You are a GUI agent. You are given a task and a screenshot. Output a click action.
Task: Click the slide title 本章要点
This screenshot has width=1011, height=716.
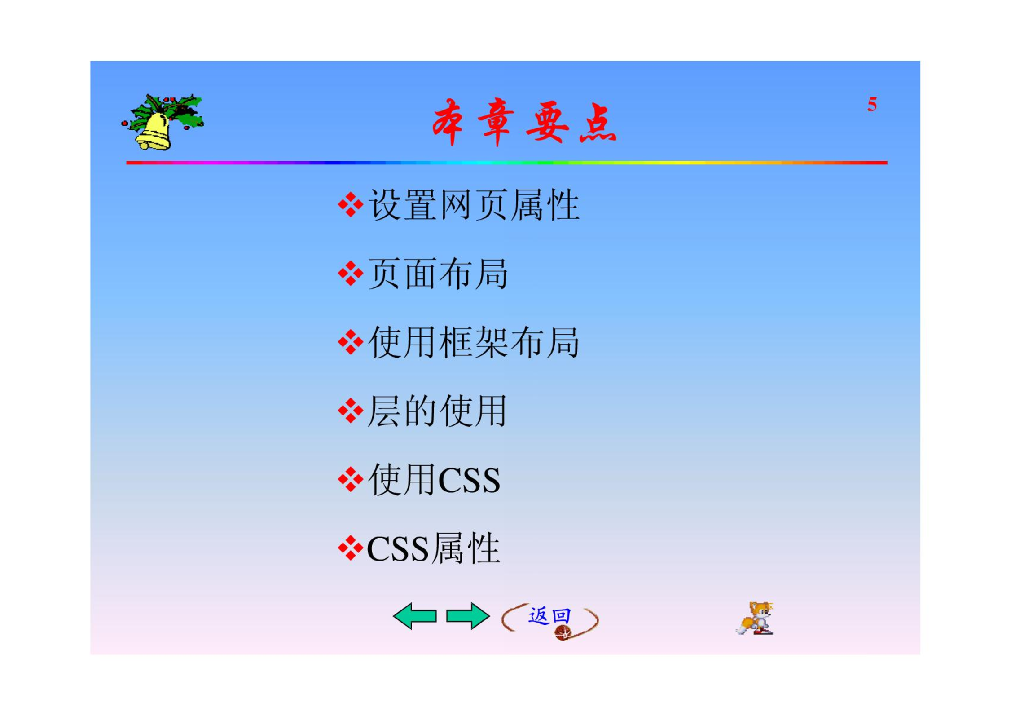[524, 122]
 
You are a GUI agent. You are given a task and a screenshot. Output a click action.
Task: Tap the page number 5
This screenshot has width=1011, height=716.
[872, 104]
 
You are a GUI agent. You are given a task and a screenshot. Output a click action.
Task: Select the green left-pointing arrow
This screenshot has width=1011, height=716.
[414, 616]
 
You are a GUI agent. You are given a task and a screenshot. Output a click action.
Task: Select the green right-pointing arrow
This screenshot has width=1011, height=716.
[468, 616]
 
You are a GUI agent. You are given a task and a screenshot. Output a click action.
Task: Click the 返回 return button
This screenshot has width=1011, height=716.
[550, 621]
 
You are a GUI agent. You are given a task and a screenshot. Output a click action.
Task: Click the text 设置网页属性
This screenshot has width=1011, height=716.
[474, 205]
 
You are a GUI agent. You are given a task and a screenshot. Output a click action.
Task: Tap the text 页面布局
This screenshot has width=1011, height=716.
[438, 274]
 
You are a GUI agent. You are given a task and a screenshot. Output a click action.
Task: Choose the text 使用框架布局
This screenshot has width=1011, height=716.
[474, 342]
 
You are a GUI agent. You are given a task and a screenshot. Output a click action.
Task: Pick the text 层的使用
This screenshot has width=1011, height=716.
[437, 411]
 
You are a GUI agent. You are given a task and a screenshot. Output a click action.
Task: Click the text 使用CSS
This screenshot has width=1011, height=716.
[434, 480]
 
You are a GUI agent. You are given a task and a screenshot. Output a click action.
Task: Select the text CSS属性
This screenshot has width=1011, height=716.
[433, 548]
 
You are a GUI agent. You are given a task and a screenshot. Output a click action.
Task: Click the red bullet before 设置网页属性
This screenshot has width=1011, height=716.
[351, 204]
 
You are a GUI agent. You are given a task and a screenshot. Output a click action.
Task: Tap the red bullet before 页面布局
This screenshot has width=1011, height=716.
[351, 273]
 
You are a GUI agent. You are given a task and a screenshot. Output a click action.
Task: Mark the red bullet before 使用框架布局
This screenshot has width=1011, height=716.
[351, 342]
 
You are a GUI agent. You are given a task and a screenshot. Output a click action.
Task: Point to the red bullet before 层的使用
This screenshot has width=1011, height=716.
[351, 411]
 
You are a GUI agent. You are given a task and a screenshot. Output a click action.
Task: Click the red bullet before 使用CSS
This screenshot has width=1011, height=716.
[351, 479]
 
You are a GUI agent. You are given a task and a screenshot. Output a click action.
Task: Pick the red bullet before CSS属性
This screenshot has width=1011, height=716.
[351, 548]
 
